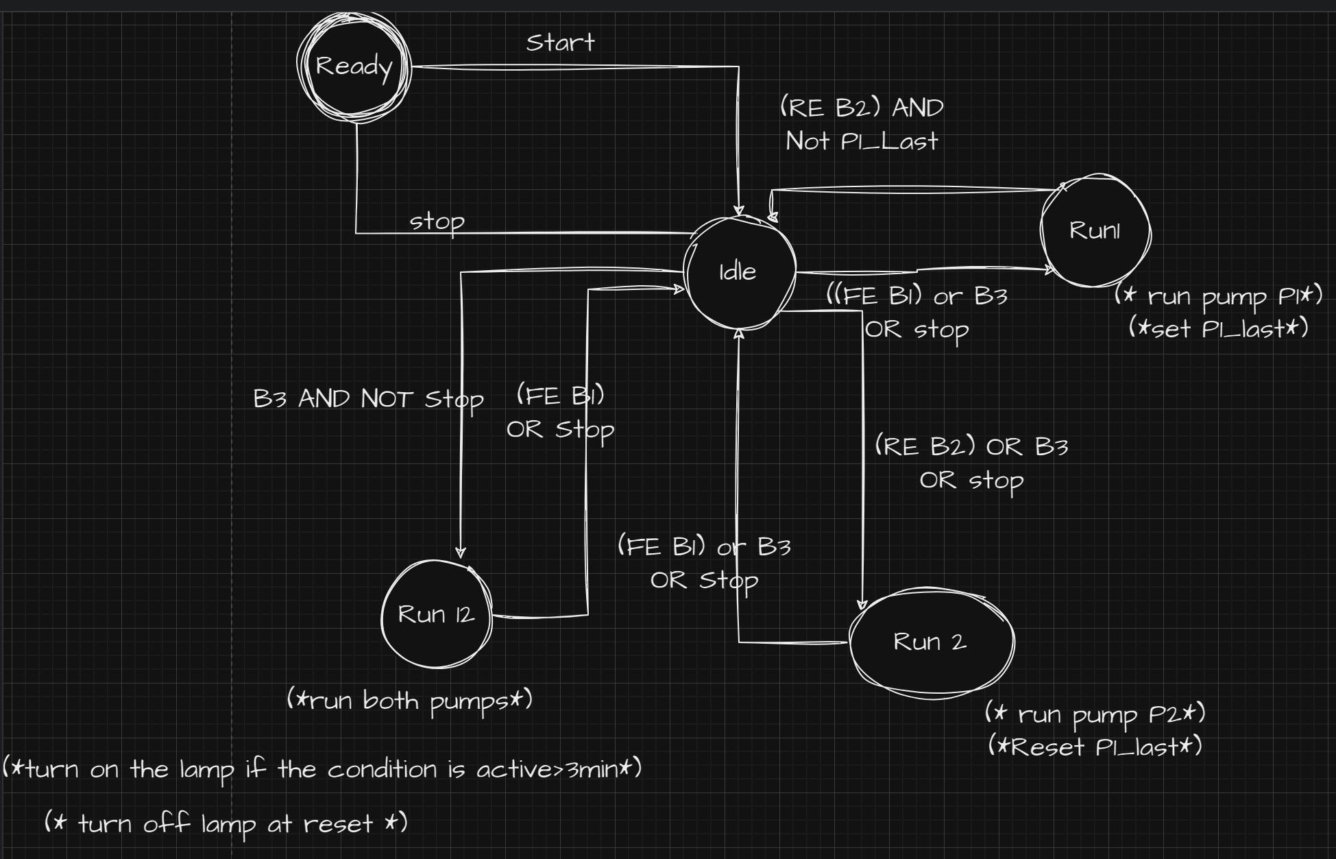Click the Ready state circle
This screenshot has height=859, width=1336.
(x=354, y=66)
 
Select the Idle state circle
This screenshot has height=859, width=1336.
(x=739, y=272)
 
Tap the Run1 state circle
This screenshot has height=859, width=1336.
(x=1095, y=230)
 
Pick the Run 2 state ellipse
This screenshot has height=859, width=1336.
(x=930, y=642)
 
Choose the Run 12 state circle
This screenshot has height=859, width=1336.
(x=436, y=614)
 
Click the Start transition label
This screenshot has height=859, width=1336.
(x=560, y=43)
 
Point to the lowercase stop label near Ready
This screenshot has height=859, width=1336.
(x=437, y=221)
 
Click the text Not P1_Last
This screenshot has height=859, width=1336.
(x=861, y=141)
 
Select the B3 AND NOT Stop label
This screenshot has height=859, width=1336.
(x=368, y=398)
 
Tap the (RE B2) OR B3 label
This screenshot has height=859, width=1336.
(x=971, y=447)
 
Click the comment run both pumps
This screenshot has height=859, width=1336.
(x=409, y=701)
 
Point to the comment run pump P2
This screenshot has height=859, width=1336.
(x=1095, y=714)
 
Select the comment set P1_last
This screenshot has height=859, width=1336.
(x=1218, y=329)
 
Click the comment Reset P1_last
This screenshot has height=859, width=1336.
(x=1095, y=747)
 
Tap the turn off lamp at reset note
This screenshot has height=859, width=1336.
(x=226, y=823)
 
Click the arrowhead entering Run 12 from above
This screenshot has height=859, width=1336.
(x=461, y=552)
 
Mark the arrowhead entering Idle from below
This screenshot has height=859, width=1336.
(x=738, y=335)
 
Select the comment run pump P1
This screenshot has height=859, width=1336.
(x=1218, y=296)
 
